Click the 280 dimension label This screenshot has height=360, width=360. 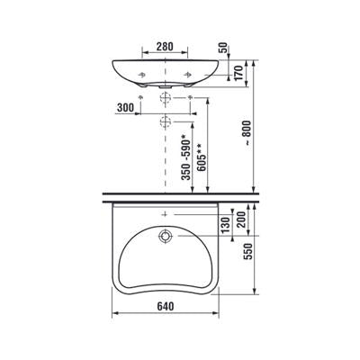165,47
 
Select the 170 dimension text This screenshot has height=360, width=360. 238,73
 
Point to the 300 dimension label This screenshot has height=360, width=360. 125,107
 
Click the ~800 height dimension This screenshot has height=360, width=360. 247,133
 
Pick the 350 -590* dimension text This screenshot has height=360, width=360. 186,158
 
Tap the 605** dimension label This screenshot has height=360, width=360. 202,157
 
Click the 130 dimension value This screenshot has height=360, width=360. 226,225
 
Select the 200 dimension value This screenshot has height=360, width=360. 241,220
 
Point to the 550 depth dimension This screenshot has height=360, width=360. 248,251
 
